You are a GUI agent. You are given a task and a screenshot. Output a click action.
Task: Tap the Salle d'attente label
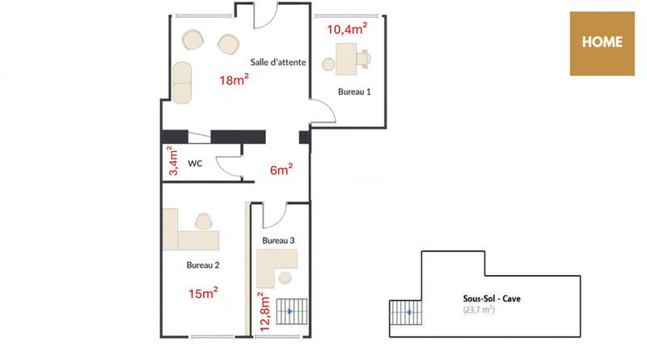[x=277, y=62]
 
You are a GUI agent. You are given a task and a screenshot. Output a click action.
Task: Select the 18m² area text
[x=235, y=80]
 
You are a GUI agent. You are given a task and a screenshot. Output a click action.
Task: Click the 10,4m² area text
[x=347, y=30]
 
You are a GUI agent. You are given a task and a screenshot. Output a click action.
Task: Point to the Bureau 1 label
[x=354, y=92]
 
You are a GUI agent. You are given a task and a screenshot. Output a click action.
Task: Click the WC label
[x=195, y=163]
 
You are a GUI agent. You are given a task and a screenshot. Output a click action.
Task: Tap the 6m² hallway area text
[x=281, y=170]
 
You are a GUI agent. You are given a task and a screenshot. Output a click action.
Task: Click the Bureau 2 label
[x=203, y=265]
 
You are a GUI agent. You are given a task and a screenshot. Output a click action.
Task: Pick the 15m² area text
[x=202, y=293]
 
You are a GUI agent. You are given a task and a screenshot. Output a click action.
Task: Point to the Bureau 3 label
[x=278, y=241]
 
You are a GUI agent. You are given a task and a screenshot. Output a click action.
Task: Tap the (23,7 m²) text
[x=479, y=310]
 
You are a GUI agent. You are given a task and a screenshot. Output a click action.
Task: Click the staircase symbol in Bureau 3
[x=292, y=311]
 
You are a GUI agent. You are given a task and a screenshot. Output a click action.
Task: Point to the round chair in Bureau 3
[x=285, y=278]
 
